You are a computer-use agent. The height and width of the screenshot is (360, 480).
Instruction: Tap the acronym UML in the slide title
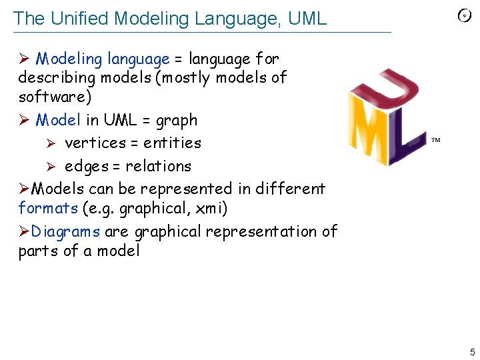(x=307, y=19)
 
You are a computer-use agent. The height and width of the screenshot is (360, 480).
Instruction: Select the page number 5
(x=472, y=351)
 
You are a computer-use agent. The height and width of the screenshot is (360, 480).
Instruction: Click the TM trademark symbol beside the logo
(x=436, y=141)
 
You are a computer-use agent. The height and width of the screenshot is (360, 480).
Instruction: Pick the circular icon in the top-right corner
(x=465, y=16)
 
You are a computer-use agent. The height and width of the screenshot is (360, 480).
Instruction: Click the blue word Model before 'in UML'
(x=59, y=121)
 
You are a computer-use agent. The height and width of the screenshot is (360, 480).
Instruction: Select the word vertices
(x=95, y=143)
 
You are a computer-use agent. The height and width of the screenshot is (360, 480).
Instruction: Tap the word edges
(x=87, y=167)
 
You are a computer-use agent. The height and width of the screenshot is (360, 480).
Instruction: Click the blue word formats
(x=48, y=209)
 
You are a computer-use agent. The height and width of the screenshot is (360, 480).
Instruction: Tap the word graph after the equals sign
(x=176, y=121)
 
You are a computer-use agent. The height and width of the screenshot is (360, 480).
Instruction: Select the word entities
(x=172, y=143)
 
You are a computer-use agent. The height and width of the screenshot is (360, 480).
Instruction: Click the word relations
(x=158, y=167)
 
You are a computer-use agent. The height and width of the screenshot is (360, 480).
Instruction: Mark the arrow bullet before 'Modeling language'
(x=24, y=59)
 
